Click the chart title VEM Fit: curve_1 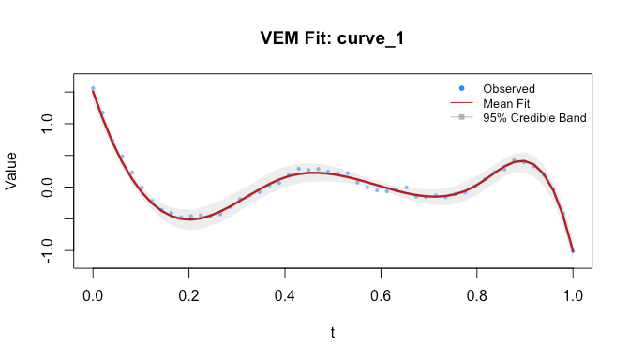click(332, 38)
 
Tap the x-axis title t click(333, 332)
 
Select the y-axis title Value click(11, 171)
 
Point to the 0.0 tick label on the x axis click(93, 295)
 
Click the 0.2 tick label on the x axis click(188, 295)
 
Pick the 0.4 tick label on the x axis click(285, 295)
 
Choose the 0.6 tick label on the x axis click(381, 295)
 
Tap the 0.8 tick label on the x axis click(477, 295)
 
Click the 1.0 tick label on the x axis click(573, 295)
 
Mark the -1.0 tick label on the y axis click(48, 250)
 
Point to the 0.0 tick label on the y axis click(48, 187)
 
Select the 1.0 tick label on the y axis click(48, 124)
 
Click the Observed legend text click(509, 89)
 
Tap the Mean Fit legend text click(506, 104)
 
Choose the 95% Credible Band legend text click(534, 118)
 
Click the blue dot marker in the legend click(461, 88)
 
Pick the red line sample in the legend click(461, 103)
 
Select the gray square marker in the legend click(461, 117)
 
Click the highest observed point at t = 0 click(93, 88)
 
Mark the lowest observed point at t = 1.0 click(573, 251)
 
